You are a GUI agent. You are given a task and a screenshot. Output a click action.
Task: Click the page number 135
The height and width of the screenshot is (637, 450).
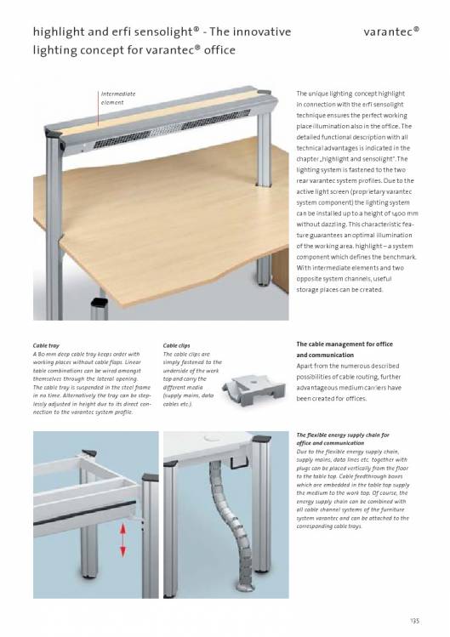[x=414, y=621]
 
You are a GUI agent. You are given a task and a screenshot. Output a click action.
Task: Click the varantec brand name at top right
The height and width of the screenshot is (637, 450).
[x=391, y=31]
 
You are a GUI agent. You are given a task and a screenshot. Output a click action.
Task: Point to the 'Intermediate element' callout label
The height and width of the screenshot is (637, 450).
[x=118, y=98]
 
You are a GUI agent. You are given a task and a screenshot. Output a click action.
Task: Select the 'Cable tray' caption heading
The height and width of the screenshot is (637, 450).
[x=46, y=346]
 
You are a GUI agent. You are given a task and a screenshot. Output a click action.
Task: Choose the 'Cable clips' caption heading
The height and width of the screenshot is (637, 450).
[x=176, y=346]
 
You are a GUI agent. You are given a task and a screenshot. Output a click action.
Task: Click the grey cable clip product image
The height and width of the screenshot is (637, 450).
[x=253, y=390]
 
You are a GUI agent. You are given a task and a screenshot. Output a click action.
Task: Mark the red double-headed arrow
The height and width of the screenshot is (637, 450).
[x=123, y=540]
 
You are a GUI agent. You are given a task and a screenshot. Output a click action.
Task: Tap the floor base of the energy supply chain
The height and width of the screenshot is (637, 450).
[x=246, y=587]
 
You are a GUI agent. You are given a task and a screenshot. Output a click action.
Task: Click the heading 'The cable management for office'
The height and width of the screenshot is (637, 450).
[x=345, y=344]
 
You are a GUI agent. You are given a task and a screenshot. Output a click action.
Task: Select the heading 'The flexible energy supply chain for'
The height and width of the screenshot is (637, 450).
[x=343, y=435]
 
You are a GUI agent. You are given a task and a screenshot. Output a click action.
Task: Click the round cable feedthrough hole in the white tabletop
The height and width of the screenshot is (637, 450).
[x=211, y=437]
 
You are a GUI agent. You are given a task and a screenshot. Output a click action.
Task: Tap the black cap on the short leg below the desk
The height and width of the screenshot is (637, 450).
[x=100, y=302]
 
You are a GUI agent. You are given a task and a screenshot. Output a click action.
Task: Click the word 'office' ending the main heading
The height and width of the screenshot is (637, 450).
[x=219, y=50]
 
